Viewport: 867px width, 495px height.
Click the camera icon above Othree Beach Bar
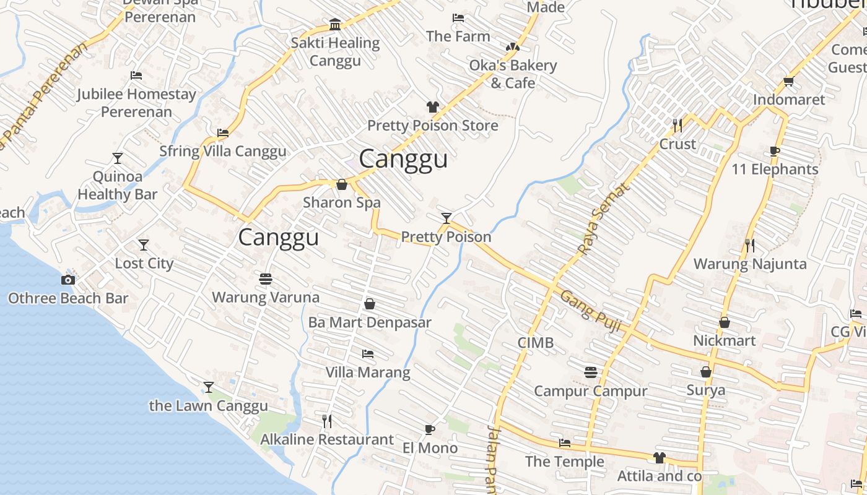(68, 280)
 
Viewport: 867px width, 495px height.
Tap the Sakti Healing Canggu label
(335, 51)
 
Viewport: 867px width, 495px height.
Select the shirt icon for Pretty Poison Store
(432, 107)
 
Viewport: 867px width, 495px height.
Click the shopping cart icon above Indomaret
(788, 81)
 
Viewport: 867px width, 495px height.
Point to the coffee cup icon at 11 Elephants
(774, 151)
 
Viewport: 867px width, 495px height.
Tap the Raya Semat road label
(601, 218)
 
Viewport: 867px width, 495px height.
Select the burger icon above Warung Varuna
(266, 279)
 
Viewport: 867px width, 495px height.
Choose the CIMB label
(536, 343)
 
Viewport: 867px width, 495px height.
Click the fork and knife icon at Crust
(677, 126)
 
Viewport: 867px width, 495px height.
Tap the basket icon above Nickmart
(724, 322)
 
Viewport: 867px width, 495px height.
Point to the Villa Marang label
(368, 372)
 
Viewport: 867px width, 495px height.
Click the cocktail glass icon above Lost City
(144, 245)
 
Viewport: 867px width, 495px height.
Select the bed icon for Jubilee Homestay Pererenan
(136, 75)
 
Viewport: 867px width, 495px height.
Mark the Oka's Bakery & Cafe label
(513, 74)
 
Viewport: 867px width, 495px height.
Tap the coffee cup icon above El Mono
(430, 429)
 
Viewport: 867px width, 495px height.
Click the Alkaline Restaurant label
(327, 439)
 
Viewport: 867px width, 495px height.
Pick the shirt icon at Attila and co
(659, 458)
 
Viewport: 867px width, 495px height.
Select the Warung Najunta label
(750, 264)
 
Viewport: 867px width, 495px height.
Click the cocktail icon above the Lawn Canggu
(209, 387)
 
